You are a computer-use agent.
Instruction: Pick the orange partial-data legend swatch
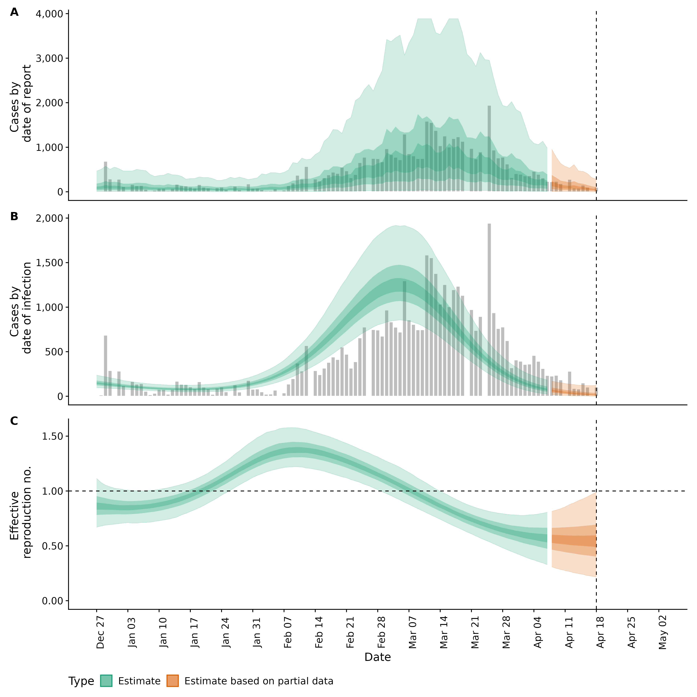coord(173,681)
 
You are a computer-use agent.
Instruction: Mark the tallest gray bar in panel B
coord(489,310)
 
